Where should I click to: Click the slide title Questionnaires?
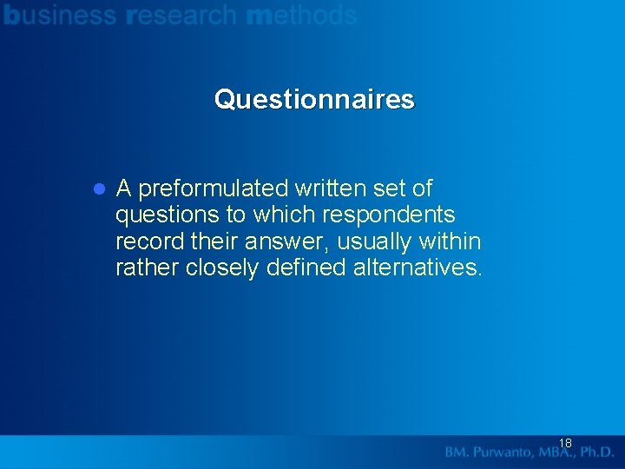coord(314,100)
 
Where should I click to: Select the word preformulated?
coord(213,188)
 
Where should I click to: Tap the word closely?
coord(222,268)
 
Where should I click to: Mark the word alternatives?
coord(415,268)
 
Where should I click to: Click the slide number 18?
coord(565,443)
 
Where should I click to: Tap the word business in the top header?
coord(59,15)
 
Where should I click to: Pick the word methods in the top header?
coord(301,15)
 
